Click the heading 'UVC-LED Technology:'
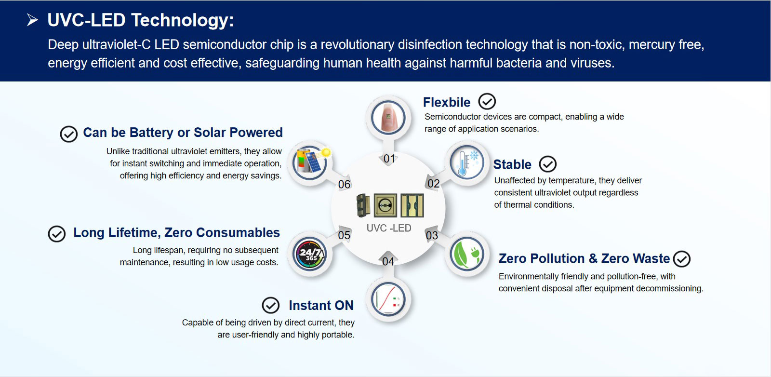140,20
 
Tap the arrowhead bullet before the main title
32,20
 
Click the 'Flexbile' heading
446,102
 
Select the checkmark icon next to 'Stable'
547,164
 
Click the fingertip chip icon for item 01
388,117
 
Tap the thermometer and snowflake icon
466,162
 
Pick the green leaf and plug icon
466,254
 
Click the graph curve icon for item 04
388,299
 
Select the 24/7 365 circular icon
310,254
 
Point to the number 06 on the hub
344,185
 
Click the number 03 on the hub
432,236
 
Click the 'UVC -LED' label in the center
388,229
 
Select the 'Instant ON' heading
321,306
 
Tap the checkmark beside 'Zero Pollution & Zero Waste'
681,259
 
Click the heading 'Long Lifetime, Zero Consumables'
176,233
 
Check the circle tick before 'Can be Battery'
68,134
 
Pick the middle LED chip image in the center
385,205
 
